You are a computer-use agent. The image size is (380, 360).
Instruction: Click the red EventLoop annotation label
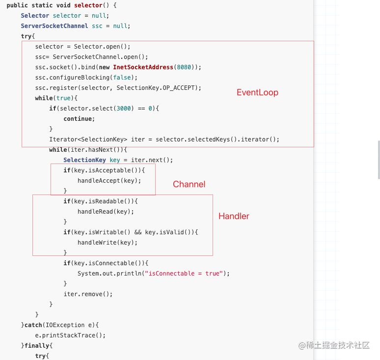257,92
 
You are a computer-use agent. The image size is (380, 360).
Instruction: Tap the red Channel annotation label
189,184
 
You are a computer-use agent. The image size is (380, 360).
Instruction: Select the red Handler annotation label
234,216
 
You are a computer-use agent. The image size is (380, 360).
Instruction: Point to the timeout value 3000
124,109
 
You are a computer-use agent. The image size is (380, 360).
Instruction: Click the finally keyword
37,346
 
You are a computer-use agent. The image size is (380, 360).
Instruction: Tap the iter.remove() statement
88,294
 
